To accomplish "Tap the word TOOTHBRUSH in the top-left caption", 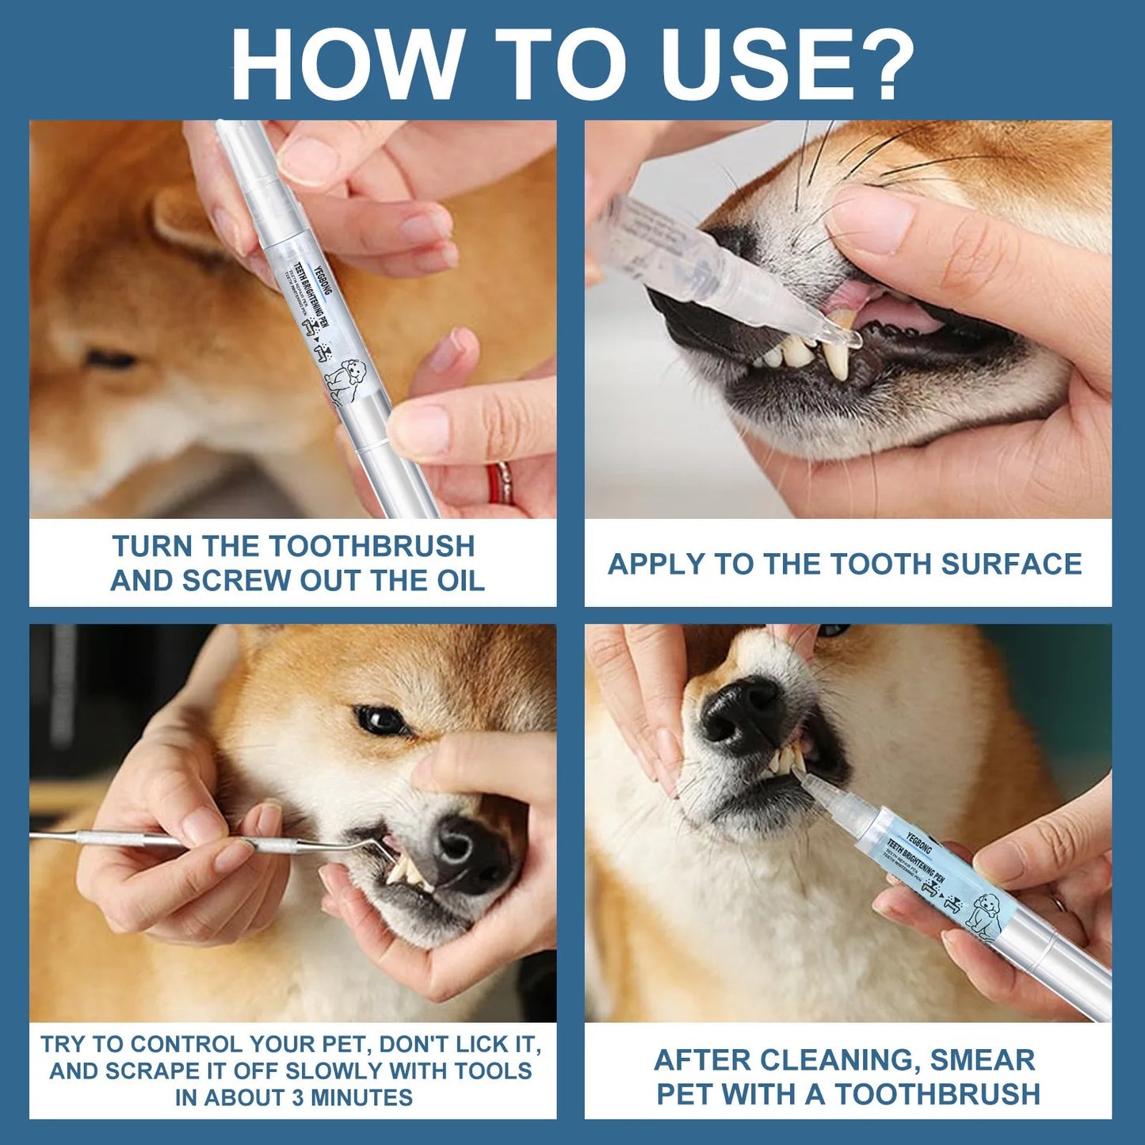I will coord(372,546).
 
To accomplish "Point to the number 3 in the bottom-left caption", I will coord(297,1097).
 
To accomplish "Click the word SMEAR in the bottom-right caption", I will coord(983,1059).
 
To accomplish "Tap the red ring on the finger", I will coord(499,483).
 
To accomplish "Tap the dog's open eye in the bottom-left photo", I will coord(379,719).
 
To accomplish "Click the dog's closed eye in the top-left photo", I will coord(111,361).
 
